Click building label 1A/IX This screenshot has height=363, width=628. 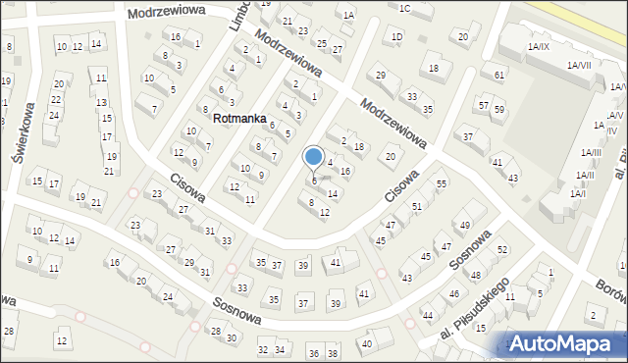coord(539,46)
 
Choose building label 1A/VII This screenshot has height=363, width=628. coord(579,64)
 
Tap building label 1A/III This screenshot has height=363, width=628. coord(591,152)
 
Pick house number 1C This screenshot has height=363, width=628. coord(404,8)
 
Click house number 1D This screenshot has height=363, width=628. coord(396,37)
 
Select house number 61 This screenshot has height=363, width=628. coord(499,75)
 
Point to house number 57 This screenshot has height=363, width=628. coord(483,104)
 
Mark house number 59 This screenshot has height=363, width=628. coord(498,109)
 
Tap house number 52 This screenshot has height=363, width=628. coord(502,249)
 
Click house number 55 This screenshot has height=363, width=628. coord(442,183)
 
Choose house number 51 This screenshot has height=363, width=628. coord(417,206)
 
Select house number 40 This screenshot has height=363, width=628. coord(367,343)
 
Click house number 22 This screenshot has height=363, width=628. coord(56,100)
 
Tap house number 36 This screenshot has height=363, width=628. coord(314,353)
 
